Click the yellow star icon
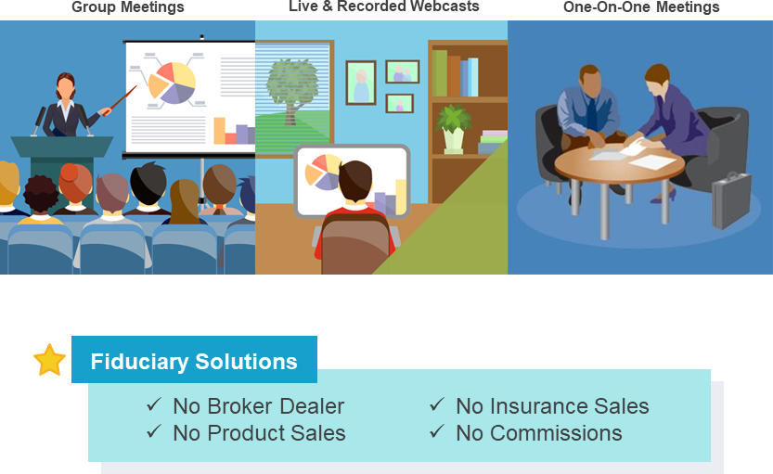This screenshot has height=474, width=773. [49, 360]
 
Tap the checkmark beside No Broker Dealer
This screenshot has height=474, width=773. [154, 405]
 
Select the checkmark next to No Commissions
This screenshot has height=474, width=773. [437, 431]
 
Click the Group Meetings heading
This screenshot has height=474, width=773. [128, 6]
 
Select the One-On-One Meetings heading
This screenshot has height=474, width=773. [641, 6]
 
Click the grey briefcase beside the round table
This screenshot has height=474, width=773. [731, 200]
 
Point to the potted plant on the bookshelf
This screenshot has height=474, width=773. [454, 129]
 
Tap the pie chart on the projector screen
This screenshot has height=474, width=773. [172, 83]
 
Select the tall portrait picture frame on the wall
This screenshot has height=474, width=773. [361, 83]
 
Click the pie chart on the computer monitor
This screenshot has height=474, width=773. [322, 172]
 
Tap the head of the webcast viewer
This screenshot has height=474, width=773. [354, 181]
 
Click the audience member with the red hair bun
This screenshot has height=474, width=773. [75, 184]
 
